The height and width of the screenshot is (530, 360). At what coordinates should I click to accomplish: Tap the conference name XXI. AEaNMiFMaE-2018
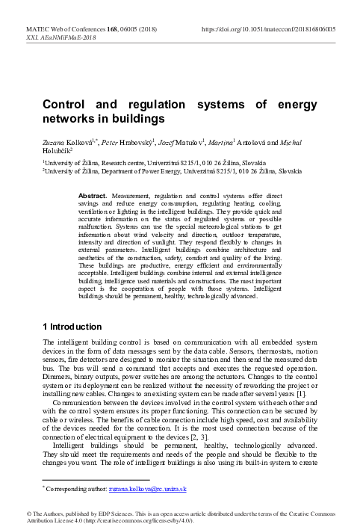tap(57, 37)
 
